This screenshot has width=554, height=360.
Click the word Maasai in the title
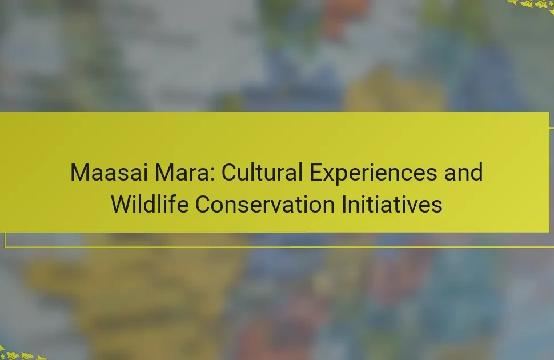109,172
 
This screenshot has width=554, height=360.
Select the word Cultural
262,172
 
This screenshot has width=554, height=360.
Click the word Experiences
373,173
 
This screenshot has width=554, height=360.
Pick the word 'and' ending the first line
463,172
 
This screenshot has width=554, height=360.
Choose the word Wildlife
150,204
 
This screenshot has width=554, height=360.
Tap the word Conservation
264,204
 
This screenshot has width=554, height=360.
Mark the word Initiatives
392,204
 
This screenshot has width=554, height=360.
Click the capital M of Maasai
79,172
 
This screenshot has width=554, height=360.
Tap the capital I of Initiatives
344,204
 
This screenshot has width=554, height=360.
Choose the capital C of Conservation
203,204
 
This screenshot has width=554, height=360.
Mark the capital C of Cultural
230,172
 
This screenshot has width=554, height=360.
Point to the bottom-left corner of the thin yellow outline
5,247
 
